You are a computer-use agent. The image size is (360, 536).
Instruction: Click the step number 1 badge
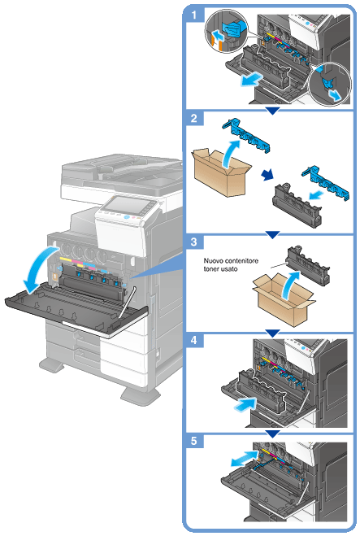coord(194,15)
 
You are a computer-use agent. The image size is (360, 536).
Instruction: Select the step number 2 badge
coord(194,118)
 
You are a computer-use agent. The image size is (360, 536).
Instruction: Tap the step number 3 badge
coord(194,242)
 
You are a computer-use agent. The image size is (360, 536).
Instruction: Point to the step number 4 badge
coord(194,340)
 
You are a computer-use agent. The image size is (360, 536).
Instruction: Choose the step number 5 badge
coord(194,441)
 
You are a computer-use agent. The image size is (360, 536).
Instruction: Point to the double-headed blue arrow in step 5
coord(245,458)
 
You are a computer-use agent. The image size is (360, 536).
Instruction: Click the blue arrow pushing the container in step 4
coord(245,404)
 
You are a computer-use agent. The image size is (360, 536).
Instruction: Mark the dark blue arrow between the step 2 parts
coord(267,175)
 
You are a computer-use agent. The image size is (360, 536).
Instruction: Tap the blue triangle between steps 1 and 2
coord(272,111)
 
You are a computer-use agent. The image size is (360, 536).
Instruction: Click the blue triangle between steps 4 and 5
coord(272,434)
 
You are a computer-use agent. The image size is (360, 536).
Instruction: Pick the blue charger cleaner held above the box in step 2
coord(246,134)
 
